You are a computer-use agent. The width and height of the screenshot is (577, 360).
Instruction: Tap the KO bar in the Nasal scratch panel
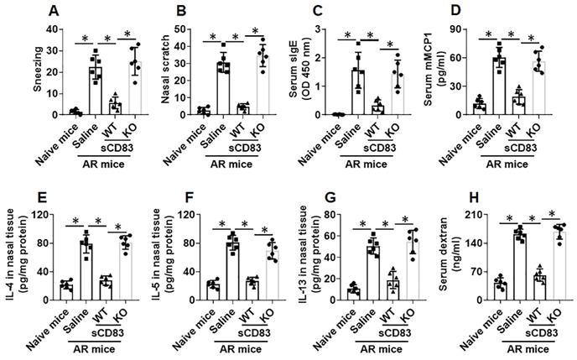tap(264, 84)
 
